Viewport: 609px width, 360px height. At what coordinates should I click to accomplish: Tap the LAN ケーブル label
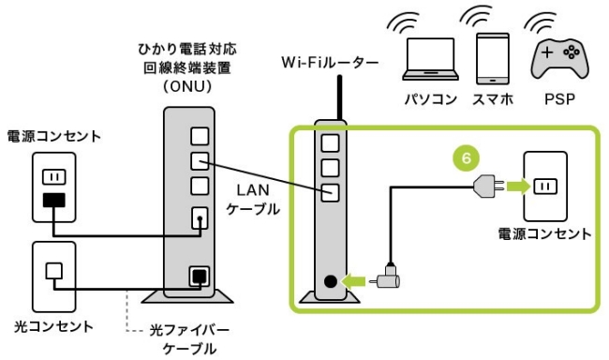[x=254, y=200]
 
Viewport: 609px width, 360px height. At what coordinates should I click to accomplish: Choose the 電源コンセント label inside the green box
[x=544, y=232]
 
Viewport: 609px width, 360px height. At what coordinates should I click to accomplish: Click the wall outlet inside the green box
[x=545, y=186]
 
